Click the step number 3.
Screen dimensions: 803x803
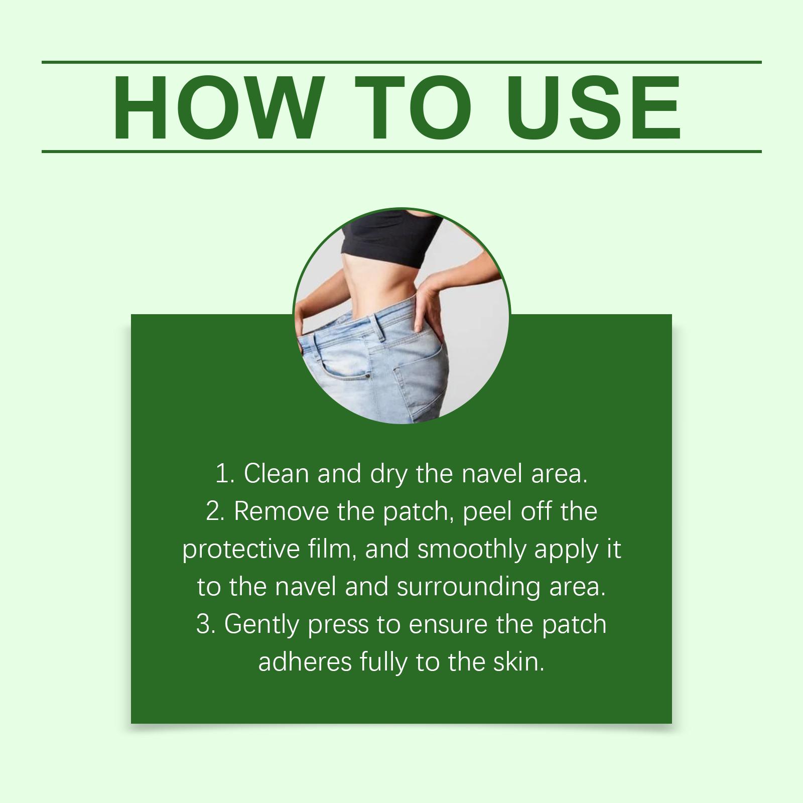[x=205, y=624]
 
